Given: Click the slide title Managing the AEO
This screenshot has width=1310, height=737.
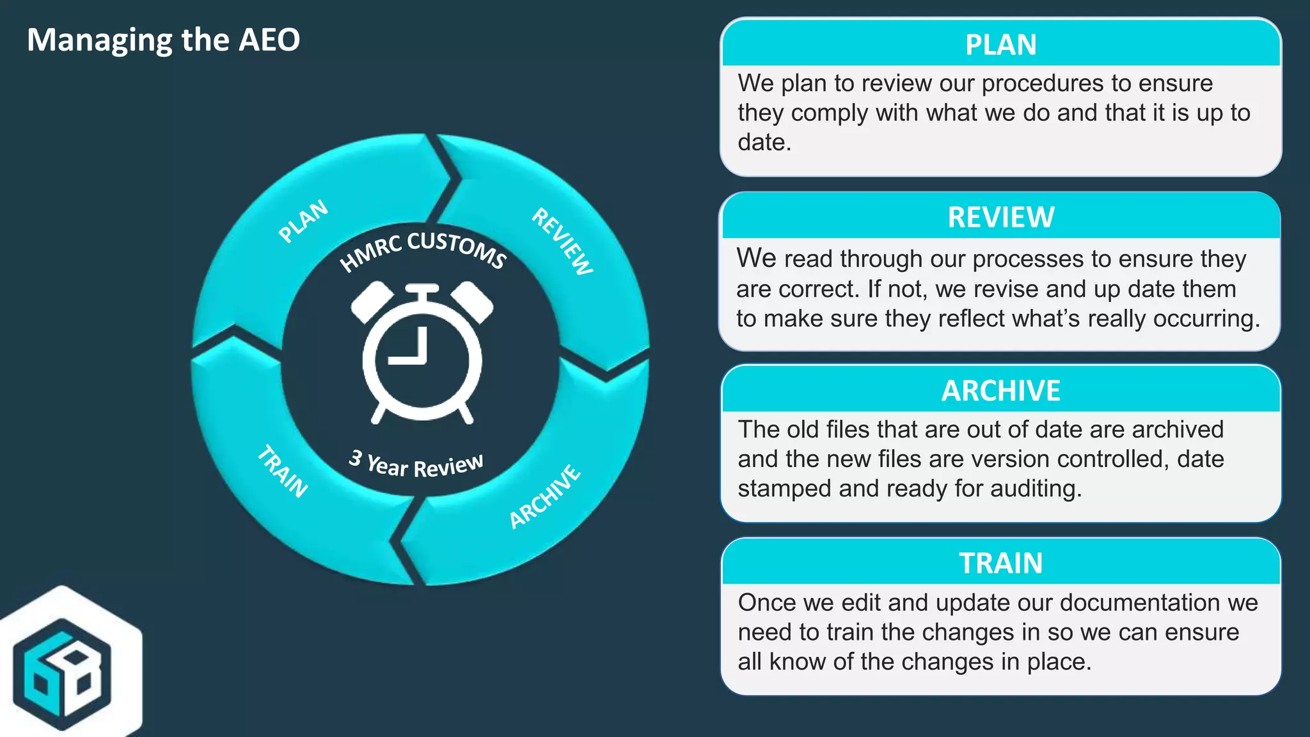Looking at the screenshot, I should [163, 40].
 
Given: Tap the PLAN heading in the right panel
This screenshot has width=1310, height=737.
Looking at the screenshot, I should [1000, 45].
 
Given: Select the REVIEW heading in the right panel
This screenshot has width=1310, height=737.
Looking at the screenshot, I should [1000, 218].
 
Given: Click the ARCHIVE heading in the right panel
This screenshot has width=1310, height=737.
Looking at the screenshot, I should [1000, 391].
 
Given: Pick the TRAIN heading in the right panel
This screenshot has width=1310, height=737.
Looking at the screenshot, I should [1000, 564].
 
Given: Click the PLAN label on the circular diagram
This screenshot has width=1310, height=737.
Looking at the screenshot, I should [303, 221].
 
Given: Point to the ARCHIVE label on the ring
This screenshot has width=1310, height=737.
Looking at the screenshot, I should [545, 497].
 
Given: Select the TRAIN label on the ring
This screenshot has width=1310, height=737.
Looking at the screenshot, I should [283, 472].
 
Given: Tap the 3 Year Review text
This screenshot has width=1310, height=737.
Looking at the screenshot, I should [416, 464].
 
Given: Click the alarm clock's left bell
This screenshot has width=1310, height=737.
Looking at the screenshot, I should [372, 301].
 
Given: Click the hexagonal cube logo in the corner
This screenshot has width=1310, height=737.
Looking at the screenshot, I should [63, 673].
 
